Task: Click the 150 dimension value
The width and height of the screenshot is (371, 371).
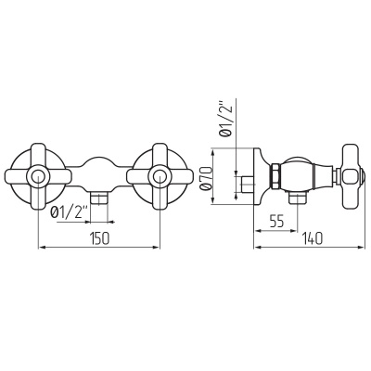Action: click(x=99, y=238)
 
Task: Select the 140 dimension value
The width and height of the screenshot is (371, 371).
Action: click(x=313, y=238)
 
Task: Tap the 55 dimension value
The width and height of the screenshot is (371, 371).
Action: click(x=276, y=222)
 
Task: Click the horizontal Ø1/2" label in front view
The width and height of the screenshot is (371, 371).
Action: click(x=70, y=212)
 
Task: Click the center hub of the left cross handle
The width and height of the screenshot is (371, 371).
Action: click(x=38, y=177)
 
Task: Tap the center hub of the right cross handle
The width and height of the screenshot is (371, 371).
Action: click(x=160, y=177)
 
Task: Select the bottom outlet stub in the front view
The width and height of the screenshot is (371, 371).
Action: click(x=99, y=198)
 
